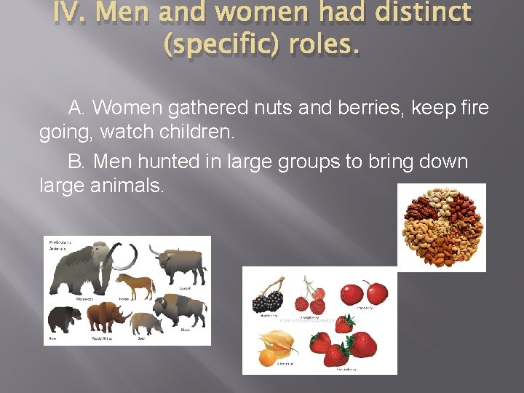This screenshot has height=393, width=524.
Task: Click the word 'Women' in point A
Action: click(x=128, y=108)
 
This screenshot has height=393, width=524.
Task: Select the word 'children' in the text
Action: click(x=191, y=133)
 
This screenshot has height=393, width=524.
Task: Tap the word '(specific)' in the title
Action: click(x=220, y=46)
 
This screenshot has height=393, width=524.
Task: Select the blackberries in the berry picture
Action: click(x=267, y=298)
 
